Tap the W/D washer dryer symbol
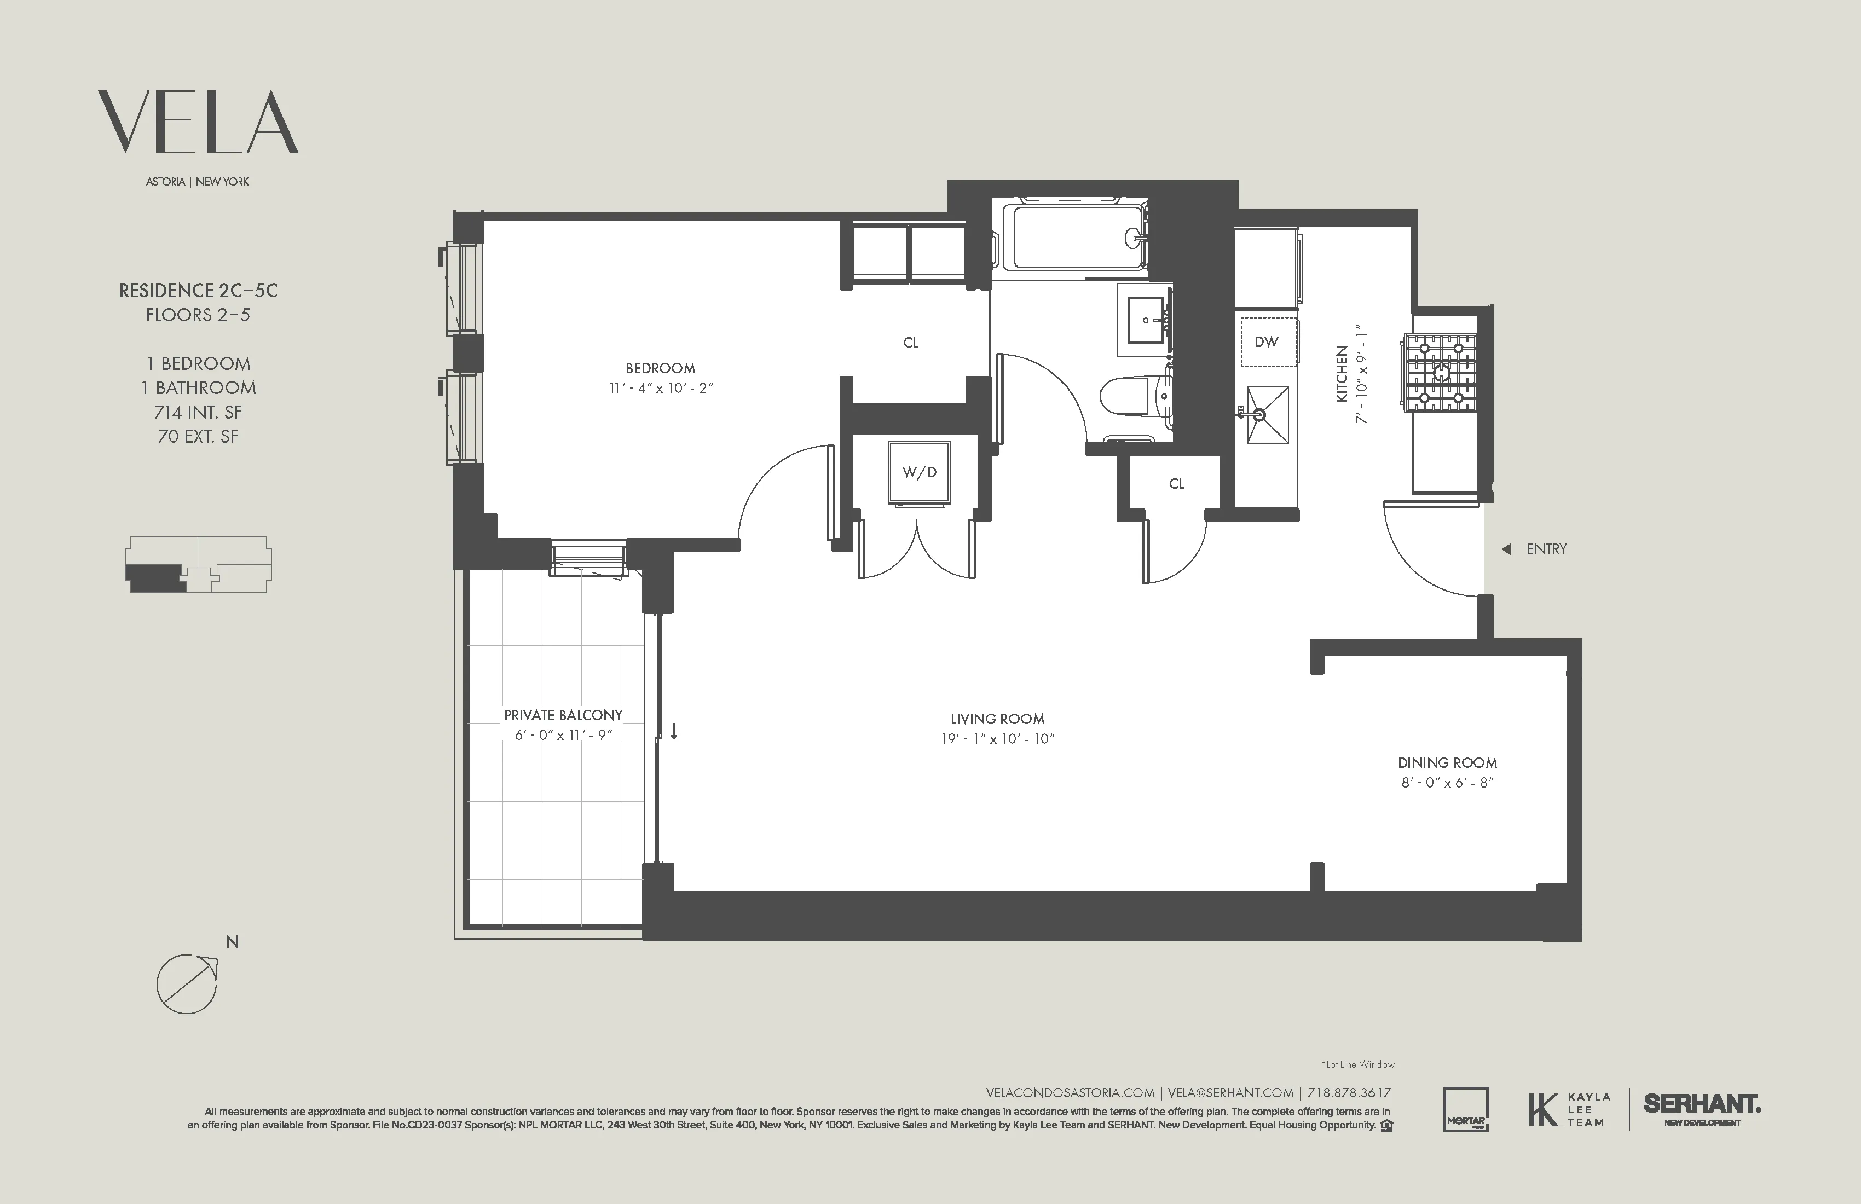tap(919, 472)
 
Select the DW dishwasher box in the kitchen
tap(1266, 341)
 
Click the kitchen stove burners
tap(1440, 372)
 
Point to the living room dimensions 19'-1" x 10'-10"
tap(998, 739)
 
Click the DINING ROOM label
tap(1447, 762)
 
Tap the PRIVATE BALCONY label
tap(563, 715)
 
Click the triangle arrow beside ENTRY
tap(1506, 549)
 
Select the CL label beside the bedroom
tap(910, 343)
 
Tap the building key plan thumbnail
tap(199, 564)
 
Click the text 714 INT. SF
tap(198, 412)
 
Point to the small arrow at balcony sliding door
tap(674, 732)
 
